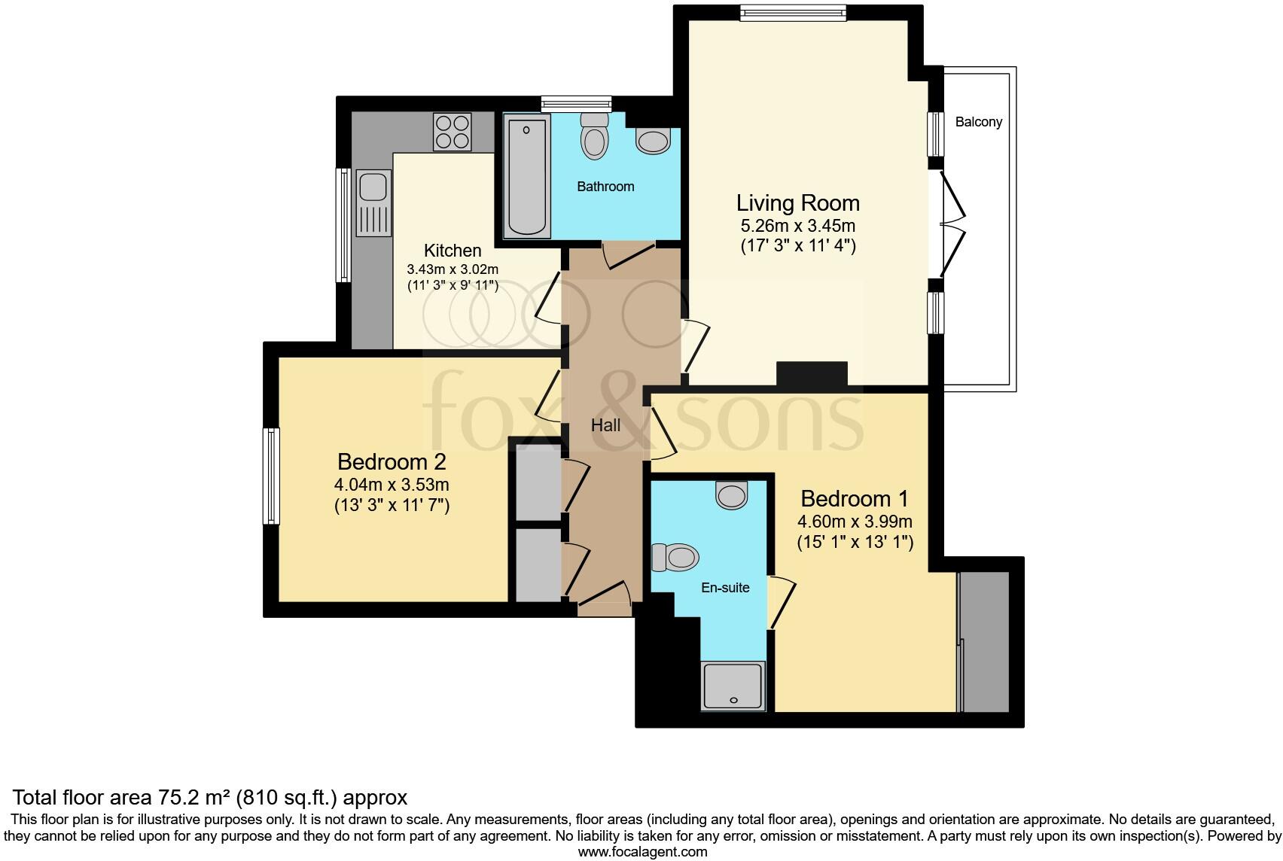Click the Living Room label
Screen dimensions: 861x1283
(797, 203)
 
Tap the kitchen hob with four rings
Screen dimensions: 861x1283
(452, 132)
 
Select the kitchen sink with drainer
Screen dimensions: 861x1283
(373, 203)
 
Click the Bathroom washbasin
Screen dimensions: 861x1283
(653, 141)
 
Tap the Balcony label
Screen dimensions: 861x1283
(978, 122)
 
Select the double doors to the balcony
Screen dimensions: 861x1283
(951, 224)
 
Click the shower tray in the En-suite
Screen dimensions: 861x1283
(733, 685)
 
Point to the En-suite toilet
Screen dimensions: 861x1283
(675, 558)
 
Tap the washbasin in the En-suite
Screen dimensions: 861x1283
(731, 494)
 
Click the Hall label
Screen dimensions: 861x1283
(605, 426)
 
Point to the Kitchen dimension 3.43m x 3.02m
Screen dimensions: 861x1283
(453, 269)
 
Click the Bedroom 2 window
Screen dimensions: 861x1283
(271, 476)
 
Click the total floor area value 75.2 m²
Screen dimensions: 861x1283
(195, 797)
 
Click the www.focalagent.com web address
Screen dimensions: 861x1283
(642, 852)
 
